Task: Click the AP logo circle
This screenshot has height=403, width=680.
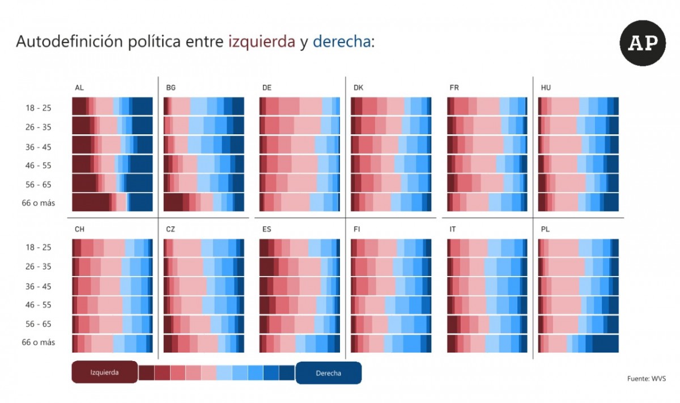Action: pos(643,43)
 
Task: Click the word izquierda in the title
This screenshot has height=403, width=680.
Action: pos(262,42)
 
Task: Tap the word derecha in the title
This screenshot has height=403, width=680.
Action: pos(342,41)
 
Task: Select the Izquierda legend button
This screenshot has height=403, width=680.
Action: pos(104,372)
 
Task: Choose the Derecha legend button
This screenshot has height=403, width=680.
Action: pos(329,373)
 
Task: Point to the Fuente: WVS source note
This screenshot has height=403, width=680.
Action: pos(647,379)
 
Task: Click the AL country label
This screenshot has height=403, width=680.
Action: pos(79,88)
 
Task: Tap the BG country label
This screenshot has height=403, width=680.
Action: pos(171,88)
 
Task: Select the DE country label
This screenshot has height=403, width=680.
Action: pos(267,88)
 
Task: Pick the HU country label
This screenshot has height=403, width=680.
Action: pos(546,88)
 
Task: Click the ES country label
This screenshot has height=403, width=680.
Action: pos(266,230)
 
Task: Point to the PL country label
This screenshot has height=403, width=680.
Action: pos(545,230)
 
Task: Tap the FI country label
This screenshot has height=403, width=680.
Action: pos(356,230)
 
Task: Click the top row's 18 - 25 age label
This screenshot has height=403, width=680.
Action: pos(39,108)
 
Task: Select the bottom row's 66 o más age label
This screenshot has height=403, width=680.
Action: pos(39,342)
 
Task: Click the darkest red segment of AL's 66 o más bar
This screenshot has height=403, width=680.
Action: pos(91,202)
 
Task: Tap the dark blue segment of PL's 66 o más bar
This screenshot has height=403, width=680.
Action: pos(605,343)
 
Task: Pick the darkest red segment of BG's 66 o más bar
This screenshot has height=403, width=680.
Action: pos(173,202)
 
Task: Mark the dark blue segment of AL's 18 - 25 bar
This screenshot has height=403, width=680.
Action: pos(142,106)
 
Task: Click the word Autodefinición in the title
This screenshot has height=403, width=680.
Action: pos(69,41)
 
